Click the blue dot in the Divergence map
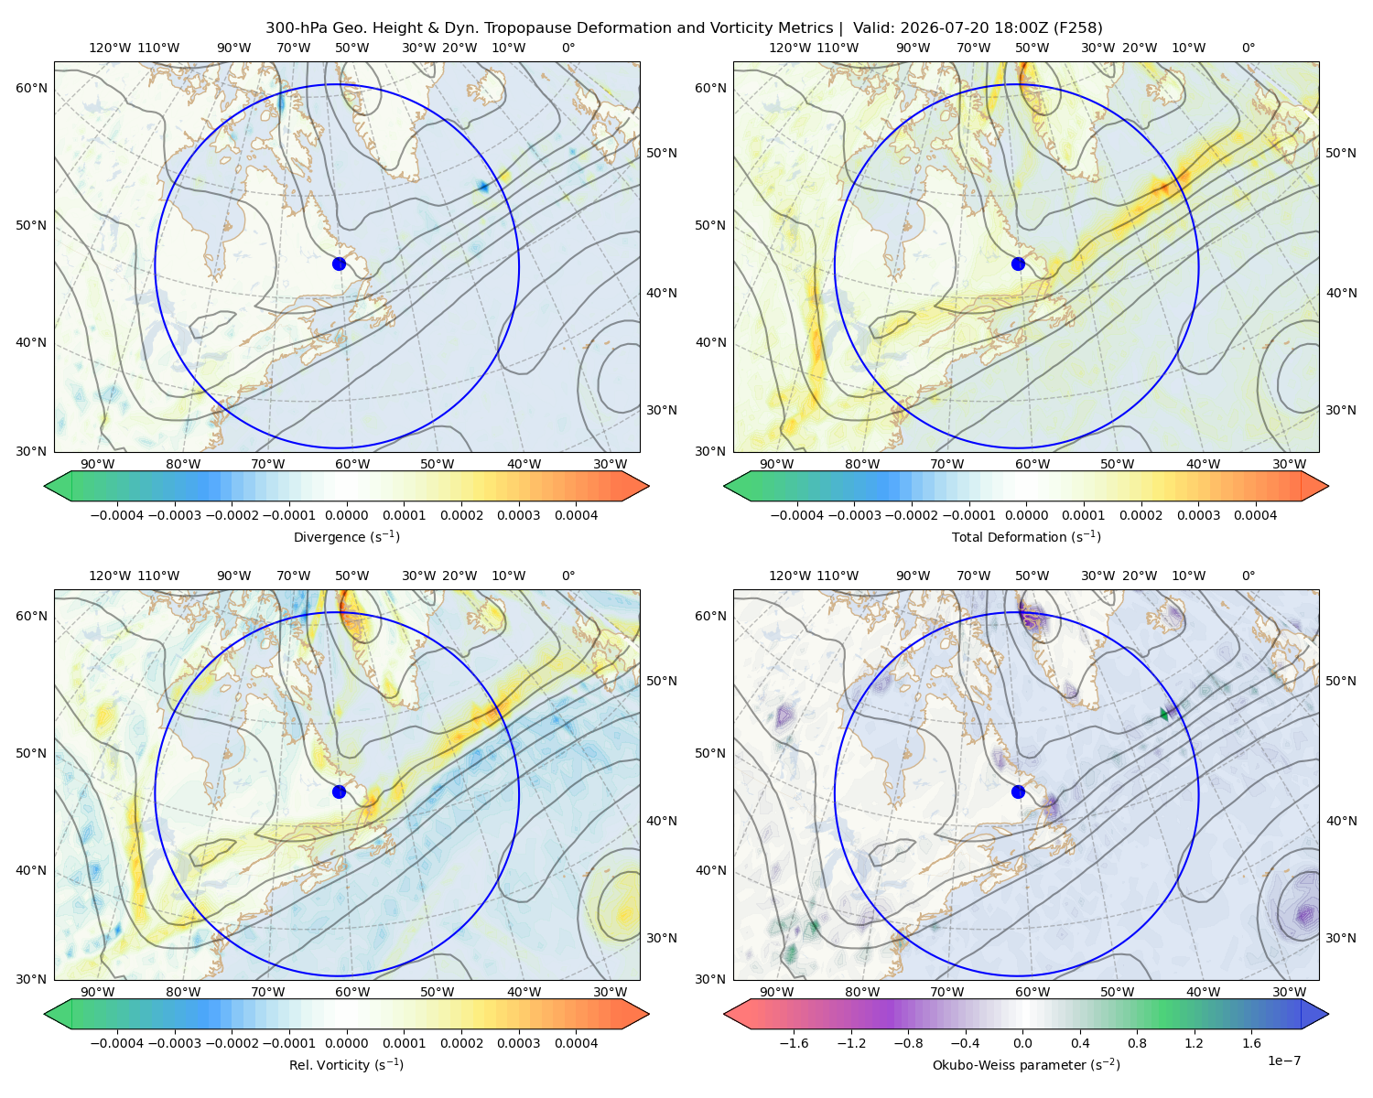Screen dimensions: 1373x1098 pos(339,264)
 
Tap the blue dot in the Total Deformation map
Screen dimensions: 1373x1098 pos(1018,264)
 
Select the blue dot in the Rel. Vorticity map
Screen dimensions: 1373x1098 pos(339,791)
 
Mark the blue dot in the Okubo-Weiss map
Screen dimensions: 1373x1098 pos(1018,791)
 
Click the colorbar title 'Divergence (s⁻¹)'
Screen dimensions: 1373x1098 pos(346,536)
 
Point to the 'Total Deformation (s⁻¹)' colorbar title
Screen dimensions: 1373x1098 pos(1026,536)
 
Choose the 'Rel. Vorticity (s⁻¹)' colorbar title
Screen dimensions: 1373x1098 pos(346,1064)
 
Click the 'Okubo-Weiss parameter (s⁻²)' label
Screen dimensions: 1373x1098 pos(1026,1064)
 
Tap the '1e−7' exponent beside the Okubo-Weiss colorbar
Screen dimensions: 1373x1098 pos(1283,1060)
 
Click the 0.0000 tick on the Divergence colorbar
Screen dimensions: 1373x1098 pos(346,515)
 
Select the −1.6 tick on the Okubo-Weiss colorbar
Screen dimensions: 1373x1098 pos(794,1043)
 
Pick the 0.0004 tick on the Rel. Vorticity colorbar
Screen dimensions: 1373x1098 pos(576,1043)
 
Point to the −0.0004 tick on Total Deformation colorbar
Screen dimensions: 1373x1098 pos(797,515)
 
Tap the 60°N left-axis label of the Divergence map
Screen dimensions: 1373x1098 pos(31,88)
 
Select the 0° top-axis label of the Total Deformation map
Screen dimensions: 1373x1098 pos(1249,48)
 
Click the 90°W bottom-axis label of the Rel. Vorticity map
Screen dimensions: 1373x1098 pos(98,992)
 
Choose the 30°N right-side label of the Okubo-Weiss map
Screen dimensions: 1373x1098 pos(1341,938)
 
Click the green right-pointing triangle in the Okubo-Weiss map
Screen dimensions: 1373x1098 pos(1163,715)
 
